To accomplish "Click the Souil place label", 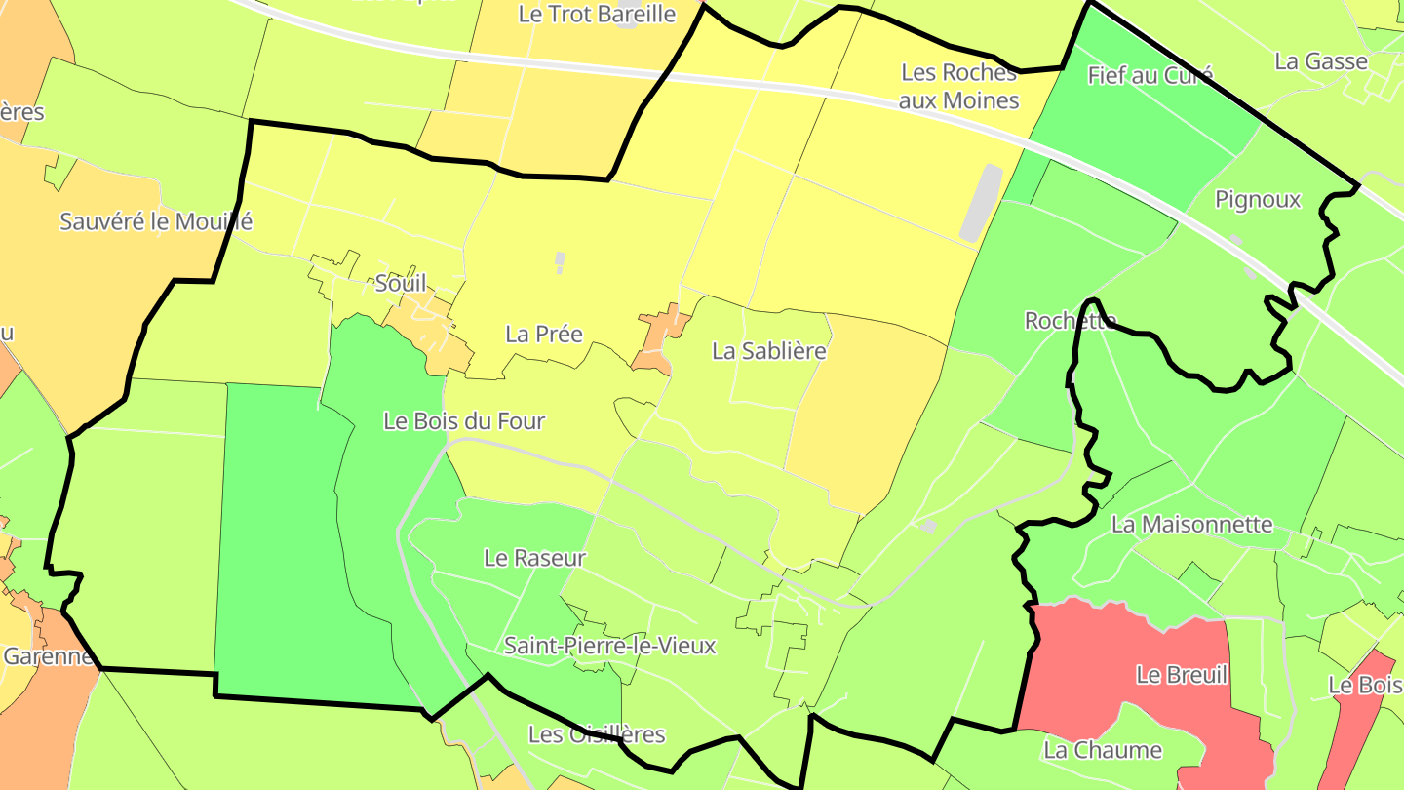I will point(401,284).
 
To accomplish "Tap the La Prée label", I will point(544,335).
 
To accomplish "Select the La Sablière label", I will point(769,351).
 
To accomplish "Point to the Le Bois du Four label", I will point(464,421).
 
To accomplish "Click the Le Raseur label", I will point(535,558).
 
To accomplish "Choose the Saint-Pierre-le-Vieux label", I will point(610,646).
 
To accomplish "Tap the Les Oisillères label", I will point(597,734).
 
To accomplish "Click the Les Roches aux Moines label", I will point(958,87).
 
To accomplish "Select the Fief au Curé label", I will point(1150,75).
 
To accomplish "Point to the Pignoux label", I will point(1258,200).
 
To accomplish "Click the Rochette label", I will point(1070,321).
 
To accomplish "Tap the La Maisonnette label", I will point(1192,525).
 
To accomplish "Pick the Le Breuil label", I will point(1182,675).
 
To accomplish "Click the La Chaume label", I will point(1103,750).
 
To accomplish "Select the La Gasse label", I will point(1321,61).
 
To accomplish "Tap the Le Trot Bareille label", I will point(598,14).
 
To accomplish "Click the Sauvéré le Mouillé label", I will point(156,221).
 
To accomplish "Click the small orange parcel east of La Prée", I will point(660,337).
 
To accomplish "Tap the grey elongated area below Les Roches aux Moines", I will point(981,203).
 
